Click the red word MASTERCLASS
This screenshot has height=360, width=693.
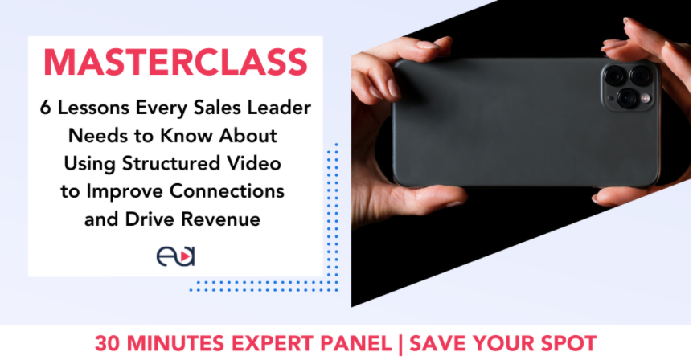tap(175, 63)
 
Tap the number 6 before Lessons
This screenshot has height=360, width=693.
tap(45, 108)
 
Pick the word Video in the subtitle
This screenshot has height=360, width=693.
tap(254, 163)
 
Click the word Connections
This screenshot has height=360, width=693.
tap(228, 191)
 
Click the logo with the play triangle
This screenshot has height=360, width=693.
tap(175, 256)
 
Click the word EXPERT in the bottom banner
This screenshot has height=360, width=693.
tap(272, 344)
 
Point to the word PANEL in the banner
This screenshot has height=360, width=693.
tap(356, 344)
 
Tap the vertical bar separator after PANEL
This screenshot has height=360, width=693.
tap(400, 345)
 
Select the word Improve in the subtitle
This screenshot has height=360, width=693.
tap(125, 191)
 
